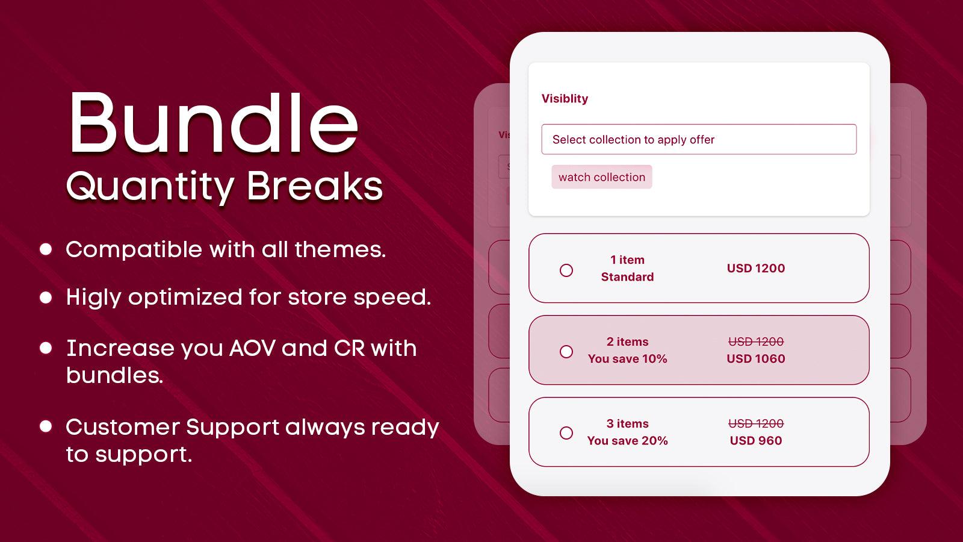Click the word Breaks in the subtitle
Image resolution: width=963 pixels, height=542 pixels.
coord(314,186)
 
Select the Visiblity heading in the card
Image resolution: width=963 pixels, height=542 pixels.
coord(565,99)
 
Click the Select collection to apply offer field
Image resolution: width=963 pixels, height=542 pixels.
coord(699,139)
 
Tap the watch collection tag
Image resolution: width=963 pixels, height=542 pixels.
coord(601,177)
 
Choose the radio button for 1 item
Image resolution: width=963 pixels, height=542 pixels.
coord(566,270)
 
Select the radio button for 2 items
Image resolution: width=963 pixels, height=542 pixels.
coord(566,352)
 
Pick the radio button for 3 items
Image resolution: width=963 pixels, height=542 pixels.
coord(566,433)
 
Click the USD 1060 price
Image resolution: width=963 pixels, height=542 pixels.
coord(756,359)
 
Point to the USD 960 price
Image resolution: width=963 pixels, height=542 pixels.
coord(756,440)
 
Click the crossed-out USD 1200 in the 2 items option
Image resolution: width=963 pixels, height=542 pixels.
coord(756,341)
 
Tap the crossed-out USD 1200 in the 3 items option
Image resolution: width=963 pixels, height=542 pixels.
coord(756,424)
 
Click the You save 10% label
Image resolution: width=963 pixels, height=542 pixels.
coord(627,359)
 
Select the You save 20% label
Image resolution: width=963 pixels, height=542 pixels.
coord(627,440)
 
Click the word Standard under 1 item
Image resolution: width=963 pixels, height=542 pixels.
coord(627,276)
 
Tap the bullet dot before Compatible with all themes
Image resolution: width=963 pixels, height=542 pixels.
coord(46,249)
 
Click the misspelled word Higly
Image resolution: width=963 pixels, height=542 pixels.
coord(94,297)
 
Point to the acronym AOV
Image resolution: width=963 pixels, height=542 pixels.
coord(252,348)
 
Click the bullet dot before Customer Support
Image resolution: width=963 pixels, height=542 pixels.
coord(46,426)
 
